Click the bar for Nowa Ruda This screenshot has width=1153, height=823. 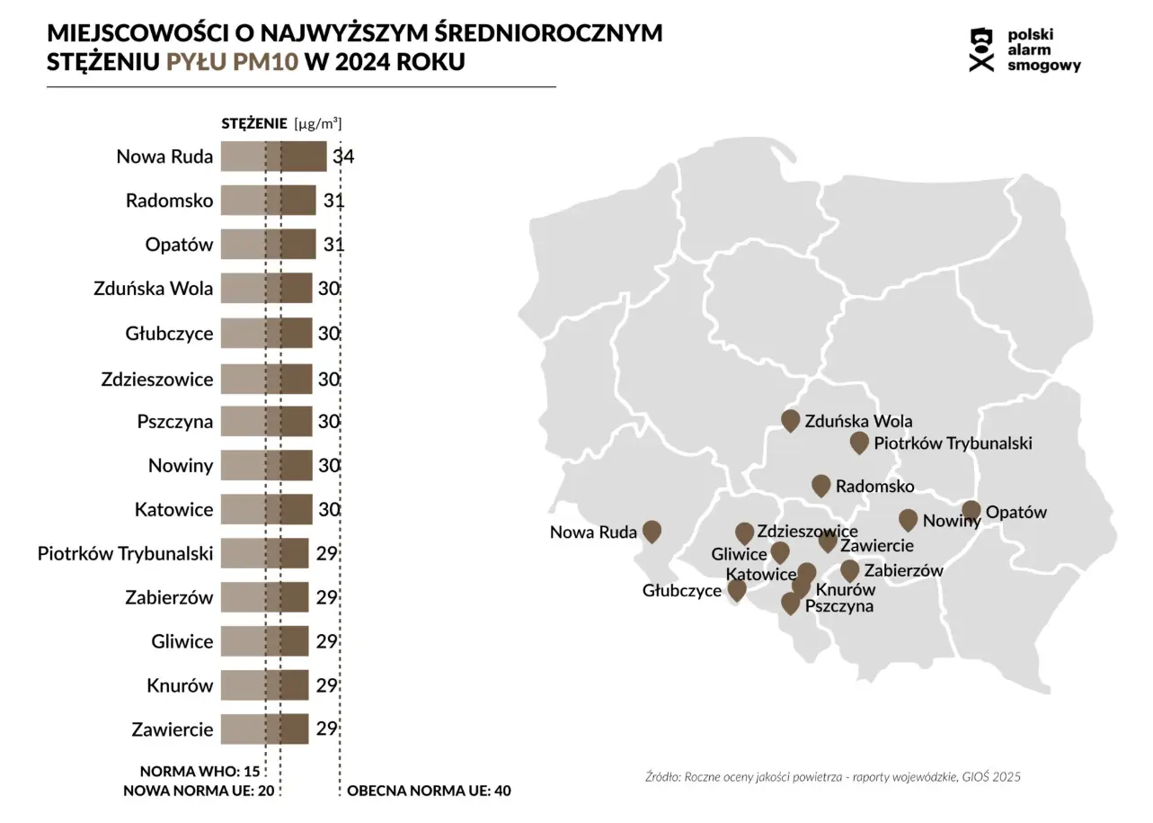pos(273,157)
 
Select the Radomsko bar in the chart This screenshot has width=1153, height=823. pos(268,201)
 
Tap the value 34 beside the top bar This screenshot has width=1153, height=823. pos(343,157)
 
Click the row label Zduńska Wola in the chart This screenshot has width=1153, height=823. pos(153,289)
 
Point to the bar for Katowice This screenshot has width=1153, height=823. pos(266,509)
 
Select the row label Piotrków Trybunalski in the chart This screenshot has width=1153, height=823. pos(125,553)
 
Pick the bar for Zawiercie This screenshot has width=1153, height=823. pos(264,729)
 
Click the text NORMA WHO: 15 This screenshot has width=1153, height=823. pos(200,772)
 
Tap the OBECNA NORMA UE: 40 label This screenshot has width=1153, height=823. pos(429,792)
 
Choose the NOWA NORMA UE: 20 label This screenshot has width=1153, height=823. pos(198,792)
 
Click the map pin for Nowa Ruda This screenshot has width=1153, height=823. pos(652,531)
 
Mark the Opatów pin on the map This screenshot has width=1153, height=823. pos(971,511)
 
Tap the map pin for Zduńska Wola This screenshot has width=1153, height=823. pos(791,419)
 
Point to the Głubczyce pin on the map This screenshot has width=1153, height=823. pos(737,589)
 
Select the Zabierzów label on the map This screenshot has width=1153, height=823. pos(903,570)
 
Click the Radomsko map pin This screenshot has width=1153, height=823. pos(820,485)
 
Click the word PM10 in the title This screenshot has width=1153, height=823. pos(269,63)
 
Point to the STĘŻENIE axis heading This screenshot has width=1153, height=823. pos(254,124)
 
